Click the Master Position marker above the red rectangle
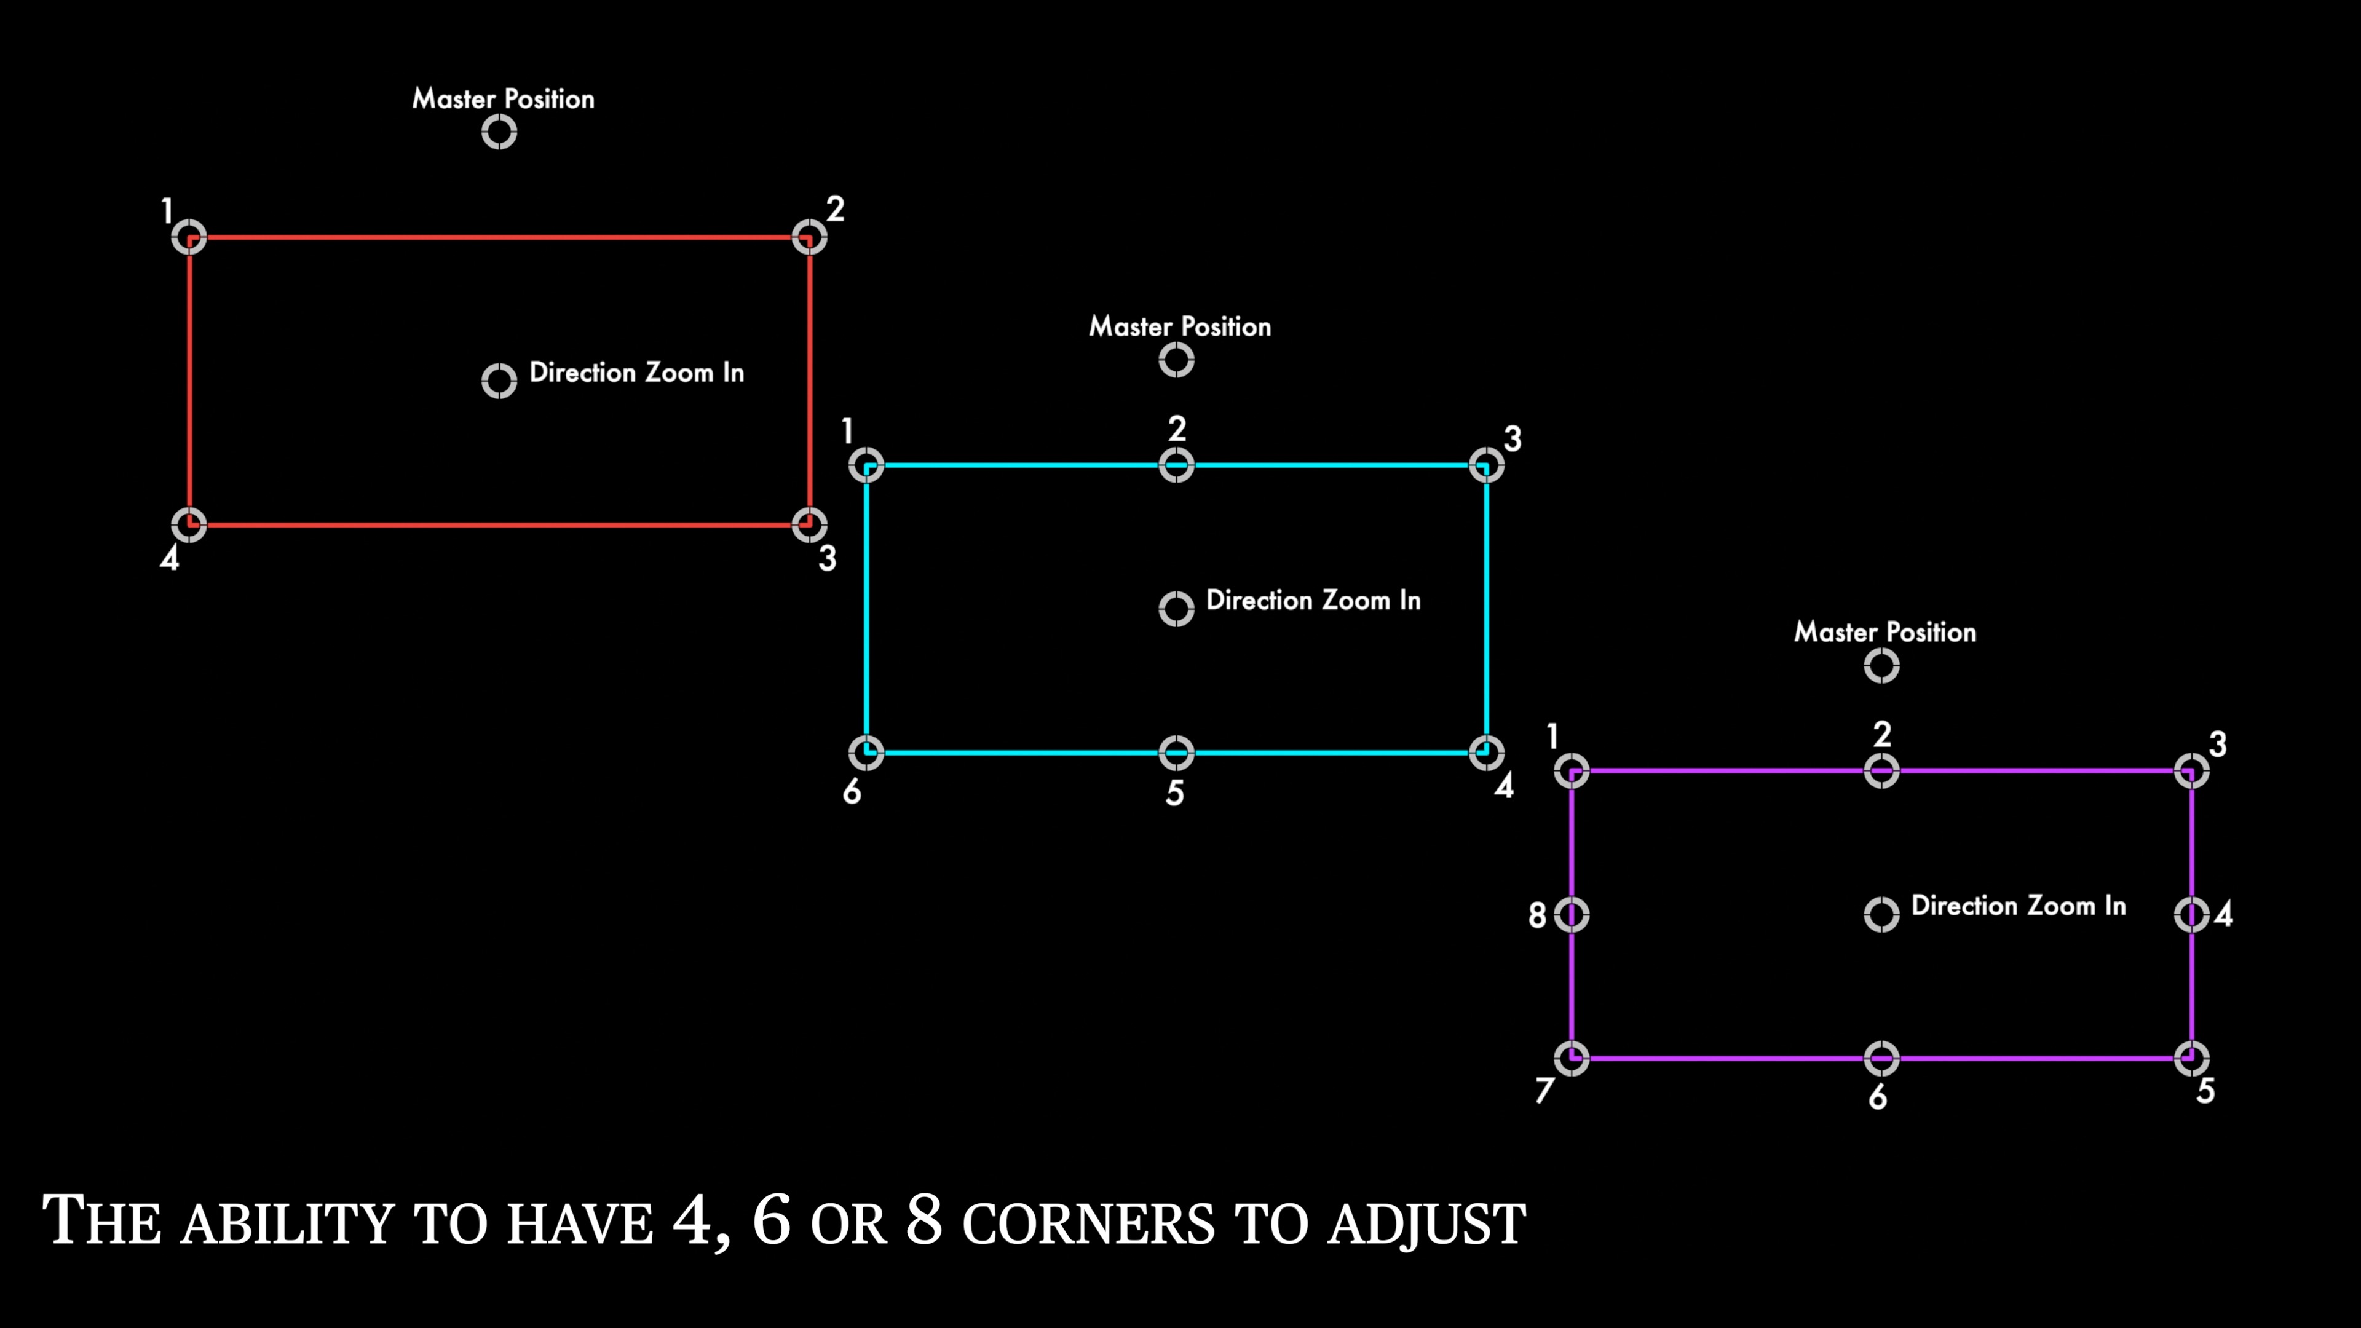point(499,133)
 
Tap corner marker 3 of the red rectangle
point(809,525)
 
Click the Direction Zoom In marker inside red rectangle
point(499,381)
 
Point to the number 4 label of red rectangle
point(170,558)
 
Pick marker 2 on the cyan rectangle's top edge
point(1177,465)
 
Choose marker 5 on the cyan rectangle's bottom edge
point(1177,753)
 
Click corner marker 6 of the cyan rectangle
point(866,753)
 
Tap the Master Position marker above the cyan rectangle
point(1177,361)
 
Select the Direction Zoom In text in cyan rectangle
point(1313,600)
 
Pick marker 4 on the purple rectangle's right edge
point(2191,915)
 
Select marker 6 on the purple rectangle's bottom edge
point(1881,1059)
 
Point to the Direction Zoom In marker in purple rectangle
point(1881,915)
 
